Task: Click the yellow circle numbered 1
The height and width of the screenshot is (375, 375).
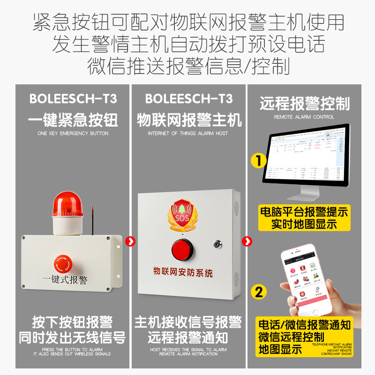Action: coord(258,161)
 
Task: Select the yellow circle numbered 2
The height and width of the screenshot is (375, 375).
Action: coord(258,291)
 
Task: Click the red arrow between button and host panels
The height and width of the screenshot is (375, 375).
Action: coord(131,241)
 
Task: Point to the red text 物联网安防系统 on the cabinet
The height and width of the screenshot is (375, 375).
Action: coord(183,271)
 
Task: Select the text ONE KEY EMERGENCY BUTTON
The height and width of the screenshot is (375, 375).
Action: coord(73,134)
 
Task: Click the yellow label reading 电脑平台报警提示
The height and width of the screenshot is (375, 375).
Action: coord(304,212)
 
